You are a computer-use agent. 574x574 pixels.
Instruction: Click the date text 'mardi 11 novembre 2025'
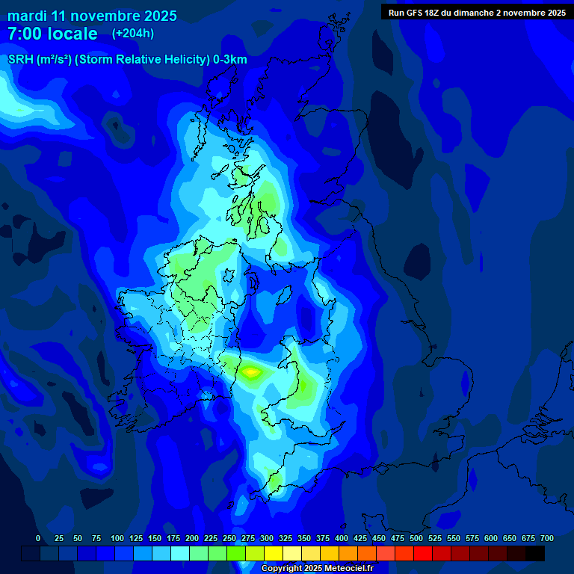(x=92, y=16)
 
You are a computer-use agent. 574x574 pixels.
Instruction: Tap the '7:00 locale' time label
(x=52, y=34)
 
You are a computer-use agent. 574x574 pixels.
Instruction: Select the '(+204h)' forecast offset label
(x=133, y=34)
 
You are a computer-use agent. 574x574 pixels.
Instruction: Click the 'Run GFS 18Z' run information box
(x=477, y=13)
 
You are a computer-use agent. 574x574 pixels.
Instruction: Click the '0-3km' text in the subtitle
(x=230, y=60)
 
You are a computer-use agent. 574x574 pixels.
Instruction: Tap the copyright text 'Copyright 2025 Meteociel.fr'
(x=317, y=569)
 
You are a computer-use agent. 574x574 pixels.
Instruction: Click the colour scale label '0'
(x=38, y=538)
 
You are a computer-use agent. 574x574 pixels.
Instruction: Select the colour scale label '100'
(x=117, y=538)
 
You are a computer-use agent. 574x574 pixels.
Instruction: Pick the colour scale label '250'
(x=229, y=538)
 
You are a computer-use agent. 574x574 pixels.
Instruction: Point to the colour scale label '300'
(x=266, y=538)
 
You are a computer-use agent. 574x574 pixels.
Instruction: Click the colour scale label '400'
(x=341, y=538)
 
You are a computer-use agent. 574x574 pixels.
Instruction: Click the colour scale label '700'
(x=547, y=538)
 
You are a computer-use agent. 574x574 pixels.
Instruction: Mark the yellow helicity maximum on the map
(x=250, y=370)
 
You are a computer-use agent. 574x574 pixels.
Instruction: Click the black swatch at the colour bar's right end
(x=535, y=553)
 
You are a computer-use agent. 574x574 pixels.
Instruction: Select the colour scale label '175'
(x=173, y=538)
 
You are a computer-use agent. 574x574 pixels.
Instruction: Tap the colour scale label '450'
(x=378, y=538)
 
